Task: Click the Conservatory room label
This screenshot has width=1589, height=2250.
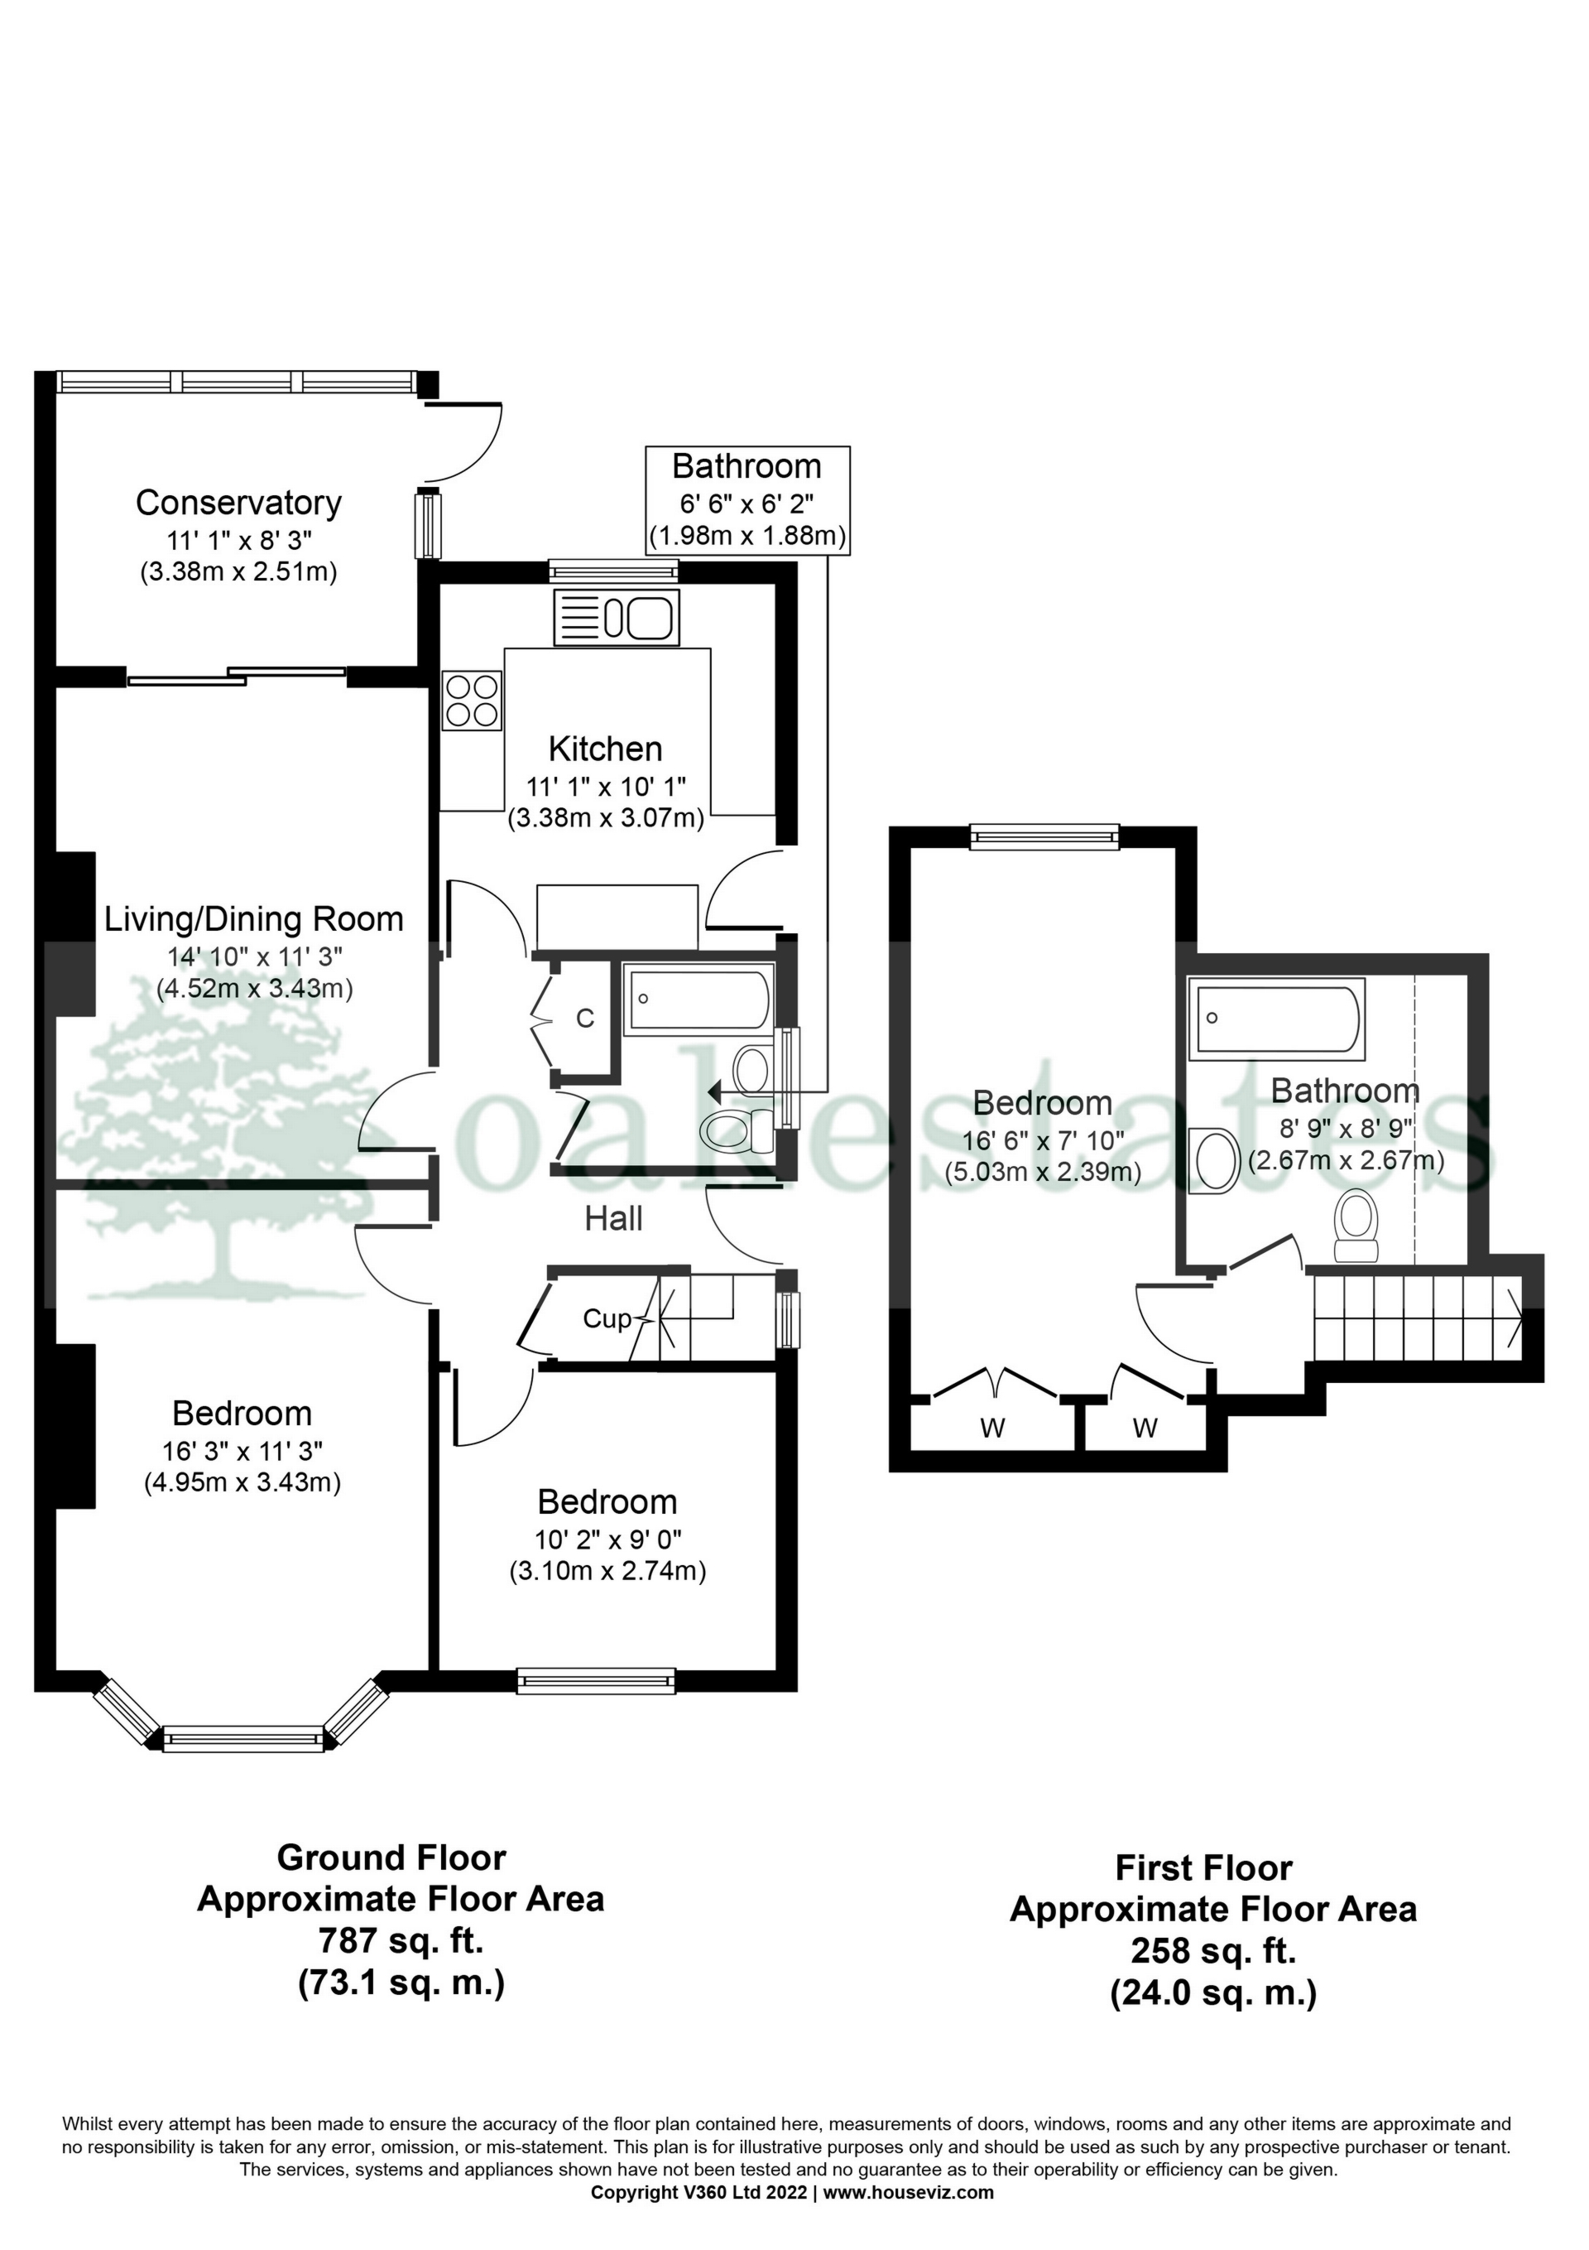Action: click(238, 503)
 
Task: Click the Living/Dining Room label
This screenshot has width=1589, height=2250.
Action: click(254, 919)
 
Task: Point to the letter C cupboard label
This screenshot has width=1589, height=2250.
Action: click(585, 1019)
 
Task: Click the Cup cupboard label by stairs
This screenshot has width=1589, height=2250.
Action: click(607, 1319)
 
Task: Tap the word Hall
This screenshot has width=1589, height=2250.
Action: click(613, 1219)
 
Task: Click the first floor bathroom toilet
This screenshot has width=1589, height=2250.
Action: click(1356, 1224)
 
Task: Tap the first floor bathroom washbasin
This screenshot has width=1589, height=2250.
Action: click(1215, 1160)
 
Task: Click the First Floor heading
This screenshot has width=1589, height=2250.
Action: click(1203, 1867)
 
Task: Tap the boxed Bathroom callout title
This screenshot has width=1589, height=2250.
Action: click(746, 466)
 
